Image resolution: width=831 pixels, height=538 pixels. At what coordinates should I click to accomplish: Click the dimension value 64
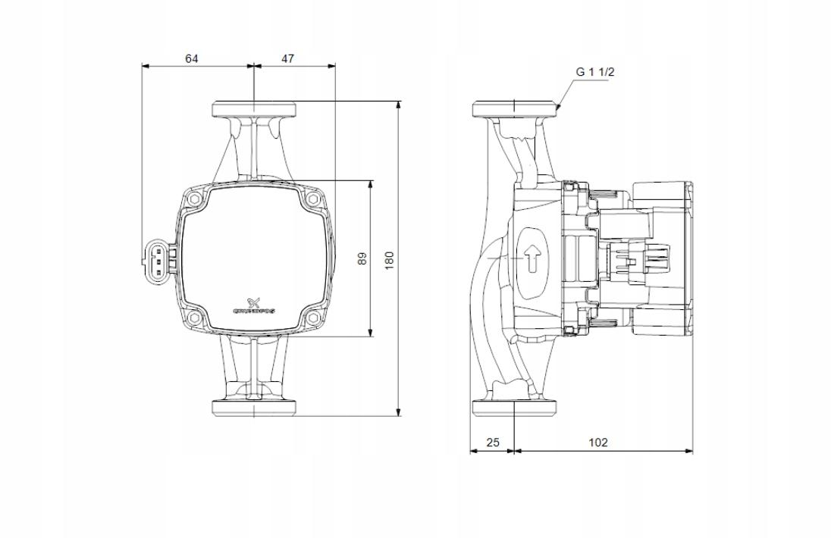(192, 58)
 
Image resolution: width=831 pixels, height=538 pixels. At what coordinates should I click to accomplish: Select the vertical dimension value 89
(362, 258)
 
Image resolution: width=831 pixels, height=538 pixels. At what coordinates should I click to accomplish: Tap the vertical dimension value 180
(390, 259)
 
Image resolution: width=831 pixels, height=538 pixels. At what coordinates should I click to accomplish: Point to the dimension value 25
(493, 443)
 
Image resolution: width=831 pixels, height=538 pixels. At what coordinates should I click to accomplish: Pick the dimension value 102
(598, 443)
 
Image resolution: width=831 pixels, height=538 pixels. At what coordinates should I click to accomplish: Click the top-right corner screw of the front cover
(312, 201)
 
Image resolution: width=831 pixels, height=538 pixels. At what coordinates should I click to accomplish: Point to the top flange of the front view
(253, 108)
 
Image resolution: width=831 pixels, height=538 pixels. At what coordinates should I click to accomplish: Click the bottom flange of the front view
(253, 408)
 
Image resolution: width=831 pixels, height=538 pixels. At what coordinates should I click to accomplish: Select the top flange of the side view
(515, 108)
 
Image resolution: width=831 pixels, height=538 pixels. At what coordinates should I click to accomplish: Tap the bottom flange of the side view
(515, 408)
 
